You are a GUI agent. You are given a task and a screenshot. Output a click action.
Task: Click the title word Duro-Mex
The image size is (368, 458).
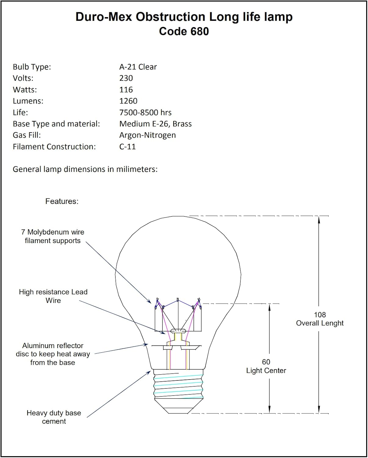click(x=104, y=17)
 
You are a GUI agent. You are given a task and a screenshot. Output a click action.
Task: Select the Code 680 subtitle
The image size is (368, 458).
click(x=184, y=31)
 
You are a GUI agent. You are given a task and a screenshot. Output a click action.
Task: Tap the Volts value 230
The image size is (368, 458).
click(x=126, y=78)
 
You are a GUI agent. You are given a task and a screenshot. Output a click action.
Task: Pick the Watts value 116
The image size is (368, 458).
click(x=126, y=90)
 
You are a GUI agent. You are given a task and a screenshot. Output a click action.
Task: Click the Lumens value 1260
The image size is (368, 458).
click(x=128, y=101)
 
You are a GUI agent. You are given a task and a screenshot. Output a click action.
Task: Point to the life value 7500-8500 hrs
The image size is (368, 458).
click(x=145, y=113)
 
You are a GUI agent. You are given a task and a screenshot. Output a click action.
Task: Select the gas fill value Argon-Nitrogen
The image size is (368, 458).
click(x=147, y=135)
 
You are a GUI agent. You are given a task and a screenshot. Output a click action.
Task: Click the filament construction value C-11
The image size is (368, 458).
click(x=127, y=147)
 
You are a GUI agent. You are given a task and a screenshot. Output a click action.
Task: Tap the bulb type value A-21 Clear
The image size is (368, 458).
click(x=138, y=67)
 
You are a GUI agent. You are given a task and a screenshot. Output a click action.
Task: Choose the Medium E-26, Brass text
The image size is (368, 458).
click(x=155, y=124)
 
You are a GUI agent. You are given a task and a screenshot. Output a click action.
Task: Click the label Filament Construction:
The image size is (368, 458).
click(x=54, y=147)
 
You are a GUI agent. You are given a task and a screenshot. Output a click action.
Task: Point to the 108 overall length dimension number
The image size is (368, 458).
click(x=320, y=315)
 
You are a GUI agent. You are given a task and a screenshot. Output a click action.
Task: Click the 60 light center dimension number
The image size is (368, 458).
click(x=266, y=362)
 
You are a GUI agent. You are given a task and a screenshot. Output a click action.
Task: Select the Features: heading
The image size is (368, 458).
click(x=62, y=202)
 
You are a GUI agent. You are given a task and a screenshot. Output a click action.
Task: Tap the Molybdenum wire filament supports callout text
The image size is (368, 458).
click(x=53, y=236)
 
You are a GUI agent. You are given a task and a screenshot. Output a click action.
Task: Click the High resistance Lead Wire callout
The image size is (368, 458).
click(x=53, y=296)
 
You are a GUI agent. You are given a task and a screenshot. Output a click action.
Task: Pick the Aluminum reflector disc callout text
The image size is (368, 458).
click(x=53, y=354)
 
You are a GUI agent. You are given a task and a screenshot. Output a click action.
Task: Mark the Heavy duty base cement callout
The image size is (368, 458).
click(x=54, y=417)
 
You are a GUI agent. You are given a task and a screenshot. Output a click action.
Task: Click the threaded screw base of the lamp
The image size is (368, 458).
click(x=178, y=386)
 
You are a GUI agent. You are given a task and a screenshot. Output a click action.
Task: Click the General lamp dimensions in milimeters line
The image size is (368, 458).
click(x=85, y=169)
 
